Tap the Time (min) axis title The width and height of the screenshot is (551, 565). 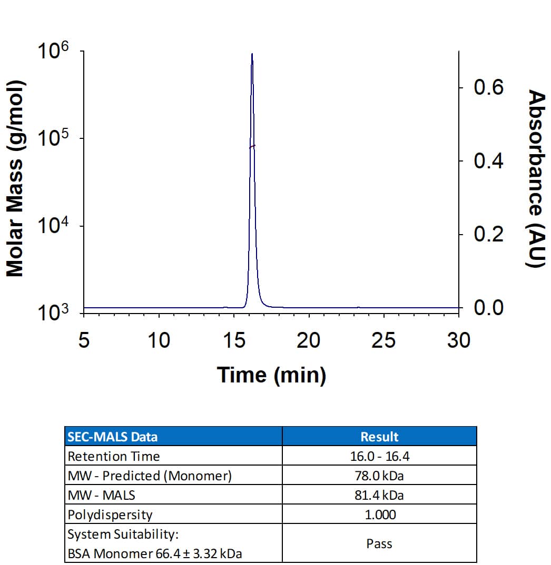pos(271,375)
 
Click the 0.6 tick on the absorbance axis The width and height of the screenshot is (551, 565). pos(488,87)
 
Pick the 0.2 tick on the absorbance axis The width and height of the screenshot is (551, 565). pos(488,234)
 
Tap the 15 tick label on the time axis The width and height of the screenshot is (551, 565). pos(233,341)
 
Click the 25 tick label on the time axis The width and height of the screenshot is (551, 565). pos(383,341)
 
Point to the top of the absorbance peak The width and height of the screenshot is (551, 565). pos(252,54)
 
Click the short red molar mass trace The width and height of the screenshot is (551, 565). pos(252,147)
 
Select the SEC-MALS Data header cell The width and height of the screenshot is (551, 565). pos(113,437)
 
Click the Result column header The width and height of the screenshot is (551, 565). pos(379,437)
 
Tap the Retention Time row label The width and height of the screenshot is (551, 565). pos(114,456)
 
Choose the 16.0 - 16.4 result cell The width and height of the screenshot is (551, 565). pos(379,456)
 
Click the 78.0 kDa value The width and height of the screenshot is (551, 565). pos(379,476)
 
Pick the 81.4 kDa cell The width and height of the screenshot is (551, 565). pos(379,495)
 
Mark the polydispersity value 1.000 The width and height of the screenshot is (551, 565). pos(379,514)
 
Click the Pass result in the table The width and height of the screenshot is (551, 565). pos(379,543)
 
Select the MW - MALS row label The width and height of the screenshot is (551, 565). pos(102,495)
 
